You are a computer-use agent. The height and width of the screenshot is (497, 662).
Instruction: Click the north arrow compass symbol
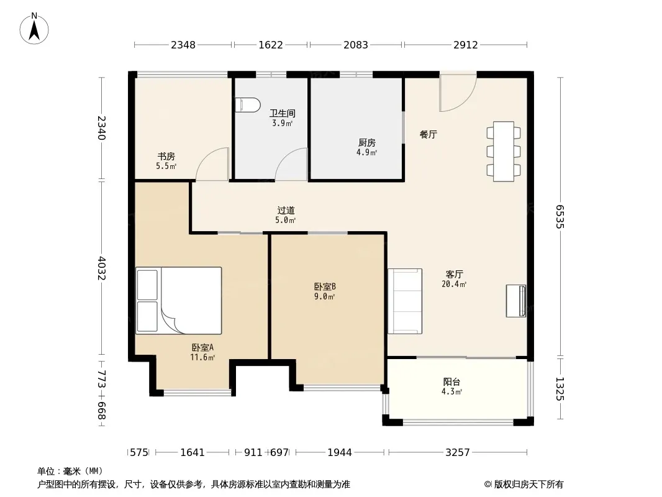(34, 29)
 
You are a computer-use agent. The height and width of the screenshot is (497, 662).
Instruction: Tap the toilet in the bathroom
(248, 105)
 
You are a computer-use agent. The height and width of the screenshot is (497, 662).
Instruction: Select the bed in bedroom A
(179, 301)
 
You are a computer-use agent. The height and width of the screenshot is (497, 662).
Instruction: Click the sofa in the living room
(405, 301)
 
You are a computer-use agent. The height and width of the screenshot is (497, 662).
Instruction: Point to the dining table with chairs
(503, 152)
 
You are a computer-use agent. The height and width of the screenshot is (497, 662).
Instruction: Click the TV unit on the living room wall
(516, 301)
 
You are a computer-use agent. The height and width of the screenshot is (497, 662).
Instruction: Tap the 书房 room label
(166, 157)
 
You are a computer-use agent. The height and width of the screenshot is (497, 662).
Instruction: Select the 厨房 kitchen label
(367, 143)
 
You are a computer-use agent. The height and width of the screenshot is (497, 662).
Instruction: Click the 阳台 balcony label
(451, 382)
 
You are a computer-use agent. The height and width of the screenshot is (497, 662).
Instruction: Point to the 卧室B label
(325, 287)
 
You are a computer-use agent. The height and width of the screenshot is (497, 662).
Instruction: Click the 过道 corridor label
(286, 210)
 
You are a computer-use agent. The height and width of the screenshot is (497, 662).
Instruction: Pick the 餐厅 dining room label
(428, 134)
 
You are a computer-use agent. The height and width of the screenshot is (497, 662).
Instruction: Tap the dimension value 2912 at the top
(466, 45)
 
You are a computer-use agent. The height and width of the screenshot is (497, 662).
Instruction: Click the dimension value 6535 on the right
(560, 217)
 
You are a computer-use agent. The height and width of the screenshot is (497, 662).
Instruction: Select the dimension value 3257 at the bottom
(458, 453)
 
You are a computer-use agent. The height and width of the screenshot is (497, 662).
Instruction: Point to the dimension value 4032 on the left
(102, 268)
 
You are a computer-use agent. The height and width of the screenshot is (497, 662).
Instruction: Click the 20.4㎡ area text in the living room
(455, 284)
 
